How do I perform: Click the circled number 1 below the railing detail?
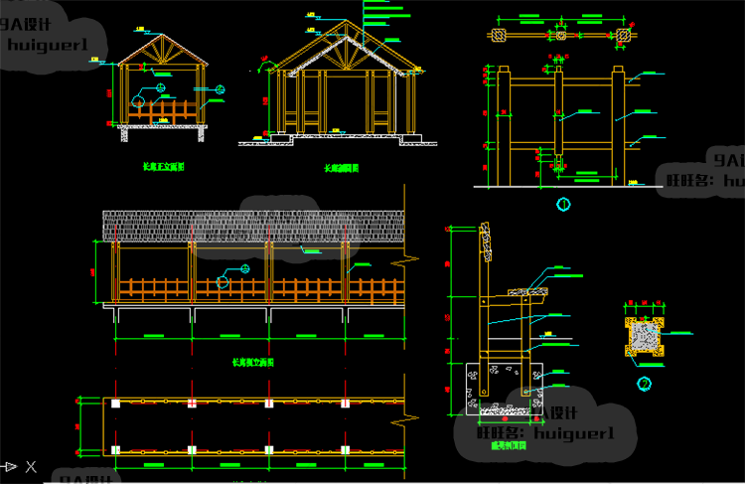tap(563, 205)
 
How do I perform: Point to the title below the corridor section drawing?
tap(342, 169)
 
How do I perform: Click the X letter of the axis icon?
tap(31, 465)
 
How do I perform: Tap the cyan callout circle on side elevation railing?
tap(223, 281)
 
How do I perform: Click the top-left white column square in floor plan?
tap(116, 404)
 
